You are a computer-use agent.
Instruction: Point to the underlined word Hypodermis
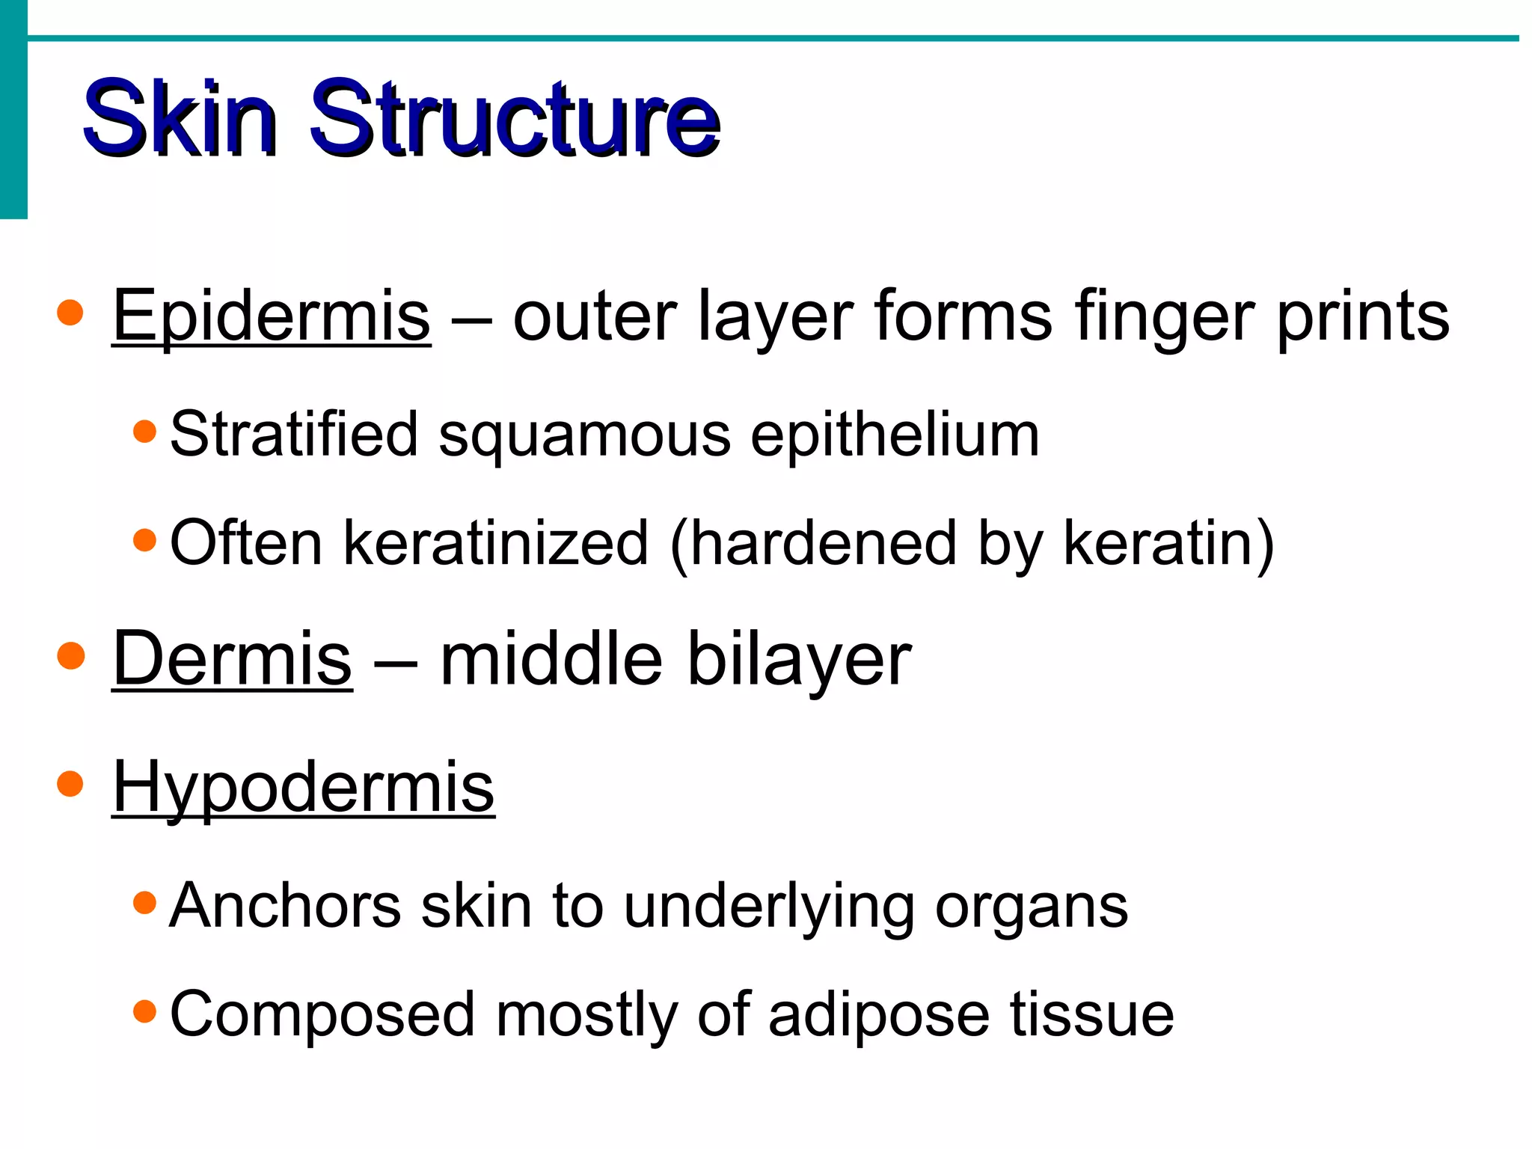(x=303, y=787)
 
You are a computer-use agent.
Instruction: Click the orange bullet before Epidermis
(x=70, y=313)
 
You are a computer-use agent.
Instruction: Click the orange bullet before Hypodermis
(x=70, y=784)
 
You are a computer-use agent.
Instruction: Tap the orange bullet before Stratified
(x=144, y=432)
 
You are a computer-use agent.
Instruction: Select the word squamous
(x=583, y=436)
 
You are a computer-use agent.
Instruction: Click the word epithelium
(x=895, y=436)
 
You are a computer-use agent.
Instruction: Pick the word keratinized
(x=495, y=544)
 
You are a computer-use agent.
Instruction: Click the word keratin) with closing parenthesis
(x=1168, y=544)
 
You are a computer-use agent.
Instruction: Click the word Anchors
(x=286, y=907)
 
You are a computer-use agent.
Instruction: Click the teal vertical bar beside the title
(x=13, y=112)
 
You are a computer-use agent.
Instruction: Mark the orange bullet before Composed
(x=144, y=1012)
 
